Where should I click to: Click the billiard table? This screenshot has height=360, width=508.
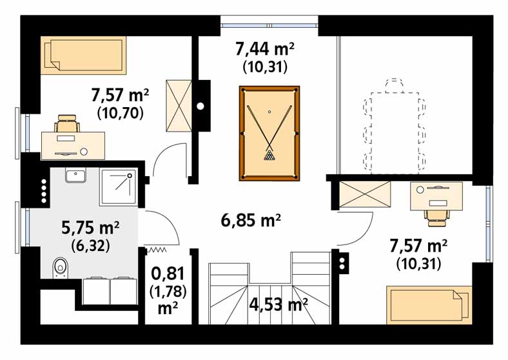[x=269, y=133]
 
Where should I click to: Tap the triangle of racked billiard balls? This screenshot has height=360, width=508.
[x=269, y=155]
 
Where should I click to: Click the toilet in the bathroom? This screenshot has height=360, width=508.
[x=60, y=268]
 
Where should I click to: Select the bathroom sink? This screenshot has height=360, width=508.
[x=75, y=175]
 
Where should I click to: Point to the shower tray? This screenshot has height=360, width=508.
[x=118, y=187]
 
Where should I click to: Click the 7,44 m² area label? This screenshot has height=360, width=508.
[x=265, y=50]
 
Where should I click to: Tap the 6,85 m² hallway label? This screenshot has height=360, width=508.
[x=250, y=221]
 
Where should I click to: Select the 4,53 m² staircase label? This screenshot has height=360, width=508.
[x=278, y=305]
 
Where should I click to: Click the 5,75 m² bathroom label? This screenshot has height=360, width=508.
[x=90, y=228]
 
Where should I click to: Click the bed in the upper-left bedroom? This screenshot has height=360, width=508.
[x=83, y=55]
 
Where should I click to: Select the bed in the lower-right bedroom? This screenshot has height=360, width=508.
[x=427, y=305]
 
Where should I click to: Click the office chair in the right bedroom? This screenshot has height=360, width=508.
[x=436, y=217]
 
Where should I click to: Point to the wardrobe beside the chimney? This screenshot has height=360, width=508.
[x=179, y=106]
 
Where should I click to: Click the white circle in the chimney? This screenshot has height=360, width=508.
[x=200, y=106]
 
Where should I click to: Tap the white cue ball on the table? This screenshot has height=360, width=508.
[x=269, y=112]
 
